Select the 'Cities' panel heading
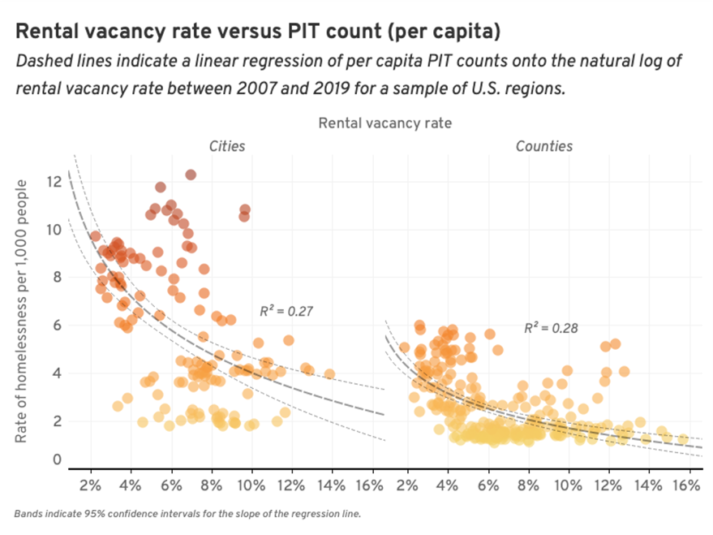pos(227,147)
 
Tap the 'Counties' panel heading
pos(544,147)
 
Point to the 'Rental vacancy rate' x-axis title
pos(384,123)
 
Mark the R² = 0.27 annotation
pos(286,311)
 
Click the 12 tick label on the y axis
pos(54,182)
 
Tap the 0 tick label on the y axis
pos(57,460)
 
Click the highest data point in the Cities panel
pos(191,175)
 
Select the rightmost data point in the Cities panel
pos(329,374)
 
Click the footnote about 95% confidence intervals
pos(187,514)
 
